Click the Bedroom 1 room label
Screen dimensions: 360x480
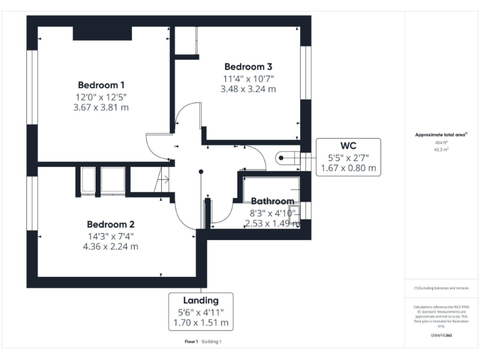coord(101,85)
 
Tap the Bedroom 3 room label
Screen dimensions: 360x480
coord(248,66)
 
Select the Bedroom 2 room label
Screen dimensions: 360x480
coord(111,224)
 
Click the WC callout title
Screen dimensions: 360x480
coord(348,146)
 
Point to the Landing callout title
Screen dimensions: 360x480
coord(201,301)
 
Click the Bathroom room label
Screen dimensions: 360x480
coord(272,201)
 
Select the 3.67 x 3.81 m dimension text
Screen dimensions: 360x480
coord(101,107)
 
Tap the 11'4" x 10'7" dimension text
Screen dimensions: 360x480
coord(248,78)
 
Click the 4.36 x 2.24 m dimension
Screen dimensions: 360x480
coord(111,246)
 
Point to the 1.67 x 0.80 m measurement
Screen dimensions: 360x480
coord(348,168)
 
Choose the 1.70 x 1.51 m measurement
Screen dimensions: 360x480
coord(201,323)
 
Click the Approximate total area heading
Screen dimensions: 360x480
coord(441,134)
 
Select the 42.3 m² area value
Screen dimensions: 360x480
coord(441,149)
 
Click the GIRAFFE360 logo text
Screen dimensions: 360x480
coord(441,336)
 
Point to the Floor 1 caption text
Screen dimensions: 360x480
coord(191,342)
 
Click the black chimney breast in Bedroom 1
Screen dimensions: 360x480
coord(102,33)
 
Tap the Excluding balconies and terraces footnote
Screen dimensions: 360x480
coord(441,288)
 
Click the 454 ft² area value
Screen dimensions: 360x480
coord(441,142)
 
